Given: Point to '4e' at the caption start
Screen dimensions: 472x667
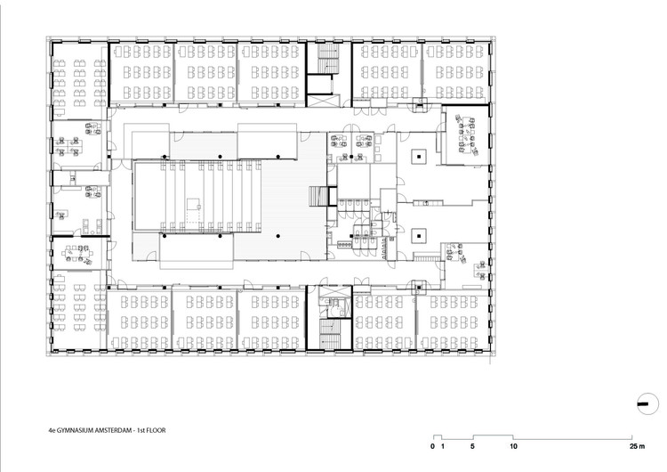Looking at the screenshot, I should (x=55, y=430).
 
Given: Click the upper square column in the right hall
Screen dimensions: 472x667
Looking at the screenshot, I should (x=417, y=155).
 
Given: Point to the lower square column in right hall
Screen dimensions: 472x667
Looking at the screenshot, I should (x=417, y=237).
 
